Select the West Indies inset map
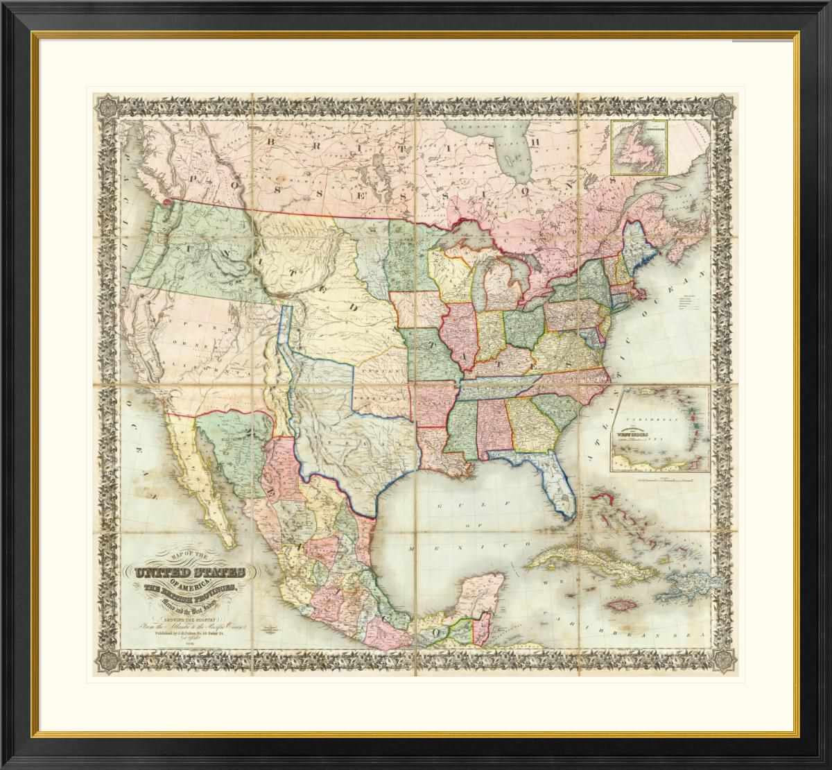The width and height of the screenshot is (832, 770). coord(659,430)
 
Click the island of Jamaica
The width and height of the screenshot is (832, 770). coord(620,604)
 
